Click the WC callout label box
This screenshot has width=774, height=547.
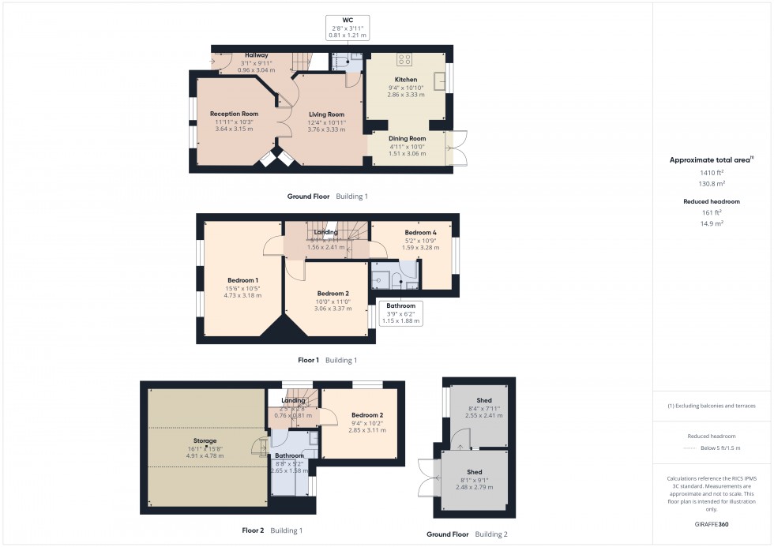pyautogui.click(x=348, y=27)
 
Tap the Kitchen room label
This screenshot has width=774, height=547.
pyautogui.click(x=406, y=80)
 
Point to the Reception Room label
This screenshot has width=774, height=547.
pyautogui.click(x=234, y=114)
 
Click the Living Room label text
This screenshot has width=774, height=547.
pyautogui.click(x=326, y=114)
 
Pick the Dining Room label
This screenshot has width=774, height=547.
pyautogui.click(x=407, y=139)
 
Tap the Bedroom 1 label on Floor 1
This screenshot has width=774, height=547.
pyautogui.click(x=243, y=280)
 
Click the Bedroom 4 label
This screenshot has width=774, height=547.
pyautogui.click(x=420, y=233)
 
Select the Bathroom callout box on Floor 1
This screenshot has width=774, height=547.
pyautogui.click(x=401, y=313)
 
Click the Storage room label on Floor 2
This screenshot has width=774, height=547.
pyautogui.click(x=205, y=440)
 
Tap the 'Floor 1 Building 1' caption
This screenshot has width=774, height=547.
pyautogui.click(x=327, y=360)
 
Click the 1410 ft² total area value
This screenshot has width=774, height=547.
pyautogui.click(x=712, y=172)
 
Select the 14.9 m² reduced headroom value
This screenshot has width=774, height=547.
pyautogui.click(x=712, y=223)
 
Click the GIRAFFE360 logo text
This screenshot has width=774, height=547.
pyautogui.click(x=712, y=523)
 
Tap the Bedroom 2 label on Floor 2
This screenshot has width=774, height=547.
pyautogui.click(x=367, y=415)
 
